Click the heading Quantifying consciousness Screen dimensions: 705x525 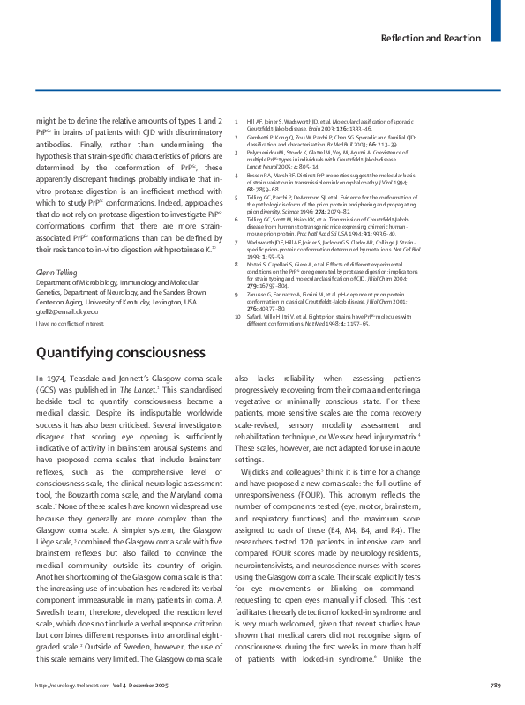coord(120,379)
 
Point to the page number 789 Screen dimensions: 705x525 coord(495,685)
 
